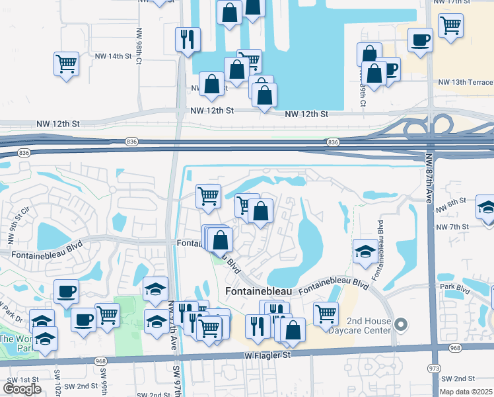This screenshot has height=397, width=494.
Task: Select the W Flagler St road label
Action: [267, 355]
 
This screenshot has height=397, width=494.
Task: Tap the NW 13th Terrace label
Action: [465, 82]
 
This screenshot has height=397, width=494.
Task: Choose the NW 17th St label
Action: [454, 2]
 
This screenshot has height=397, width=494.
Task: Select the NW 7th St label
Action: [452, 227]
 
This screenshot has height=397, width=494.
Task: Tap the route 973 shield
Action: [434, 367]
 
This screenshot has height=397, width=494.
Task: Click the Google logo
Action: [22, 389]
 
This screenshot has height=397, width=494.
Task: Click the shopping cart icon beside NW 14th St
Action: [66, 64]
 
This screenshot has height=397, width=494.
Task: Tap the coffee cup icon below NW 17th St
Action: [420, 40]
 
